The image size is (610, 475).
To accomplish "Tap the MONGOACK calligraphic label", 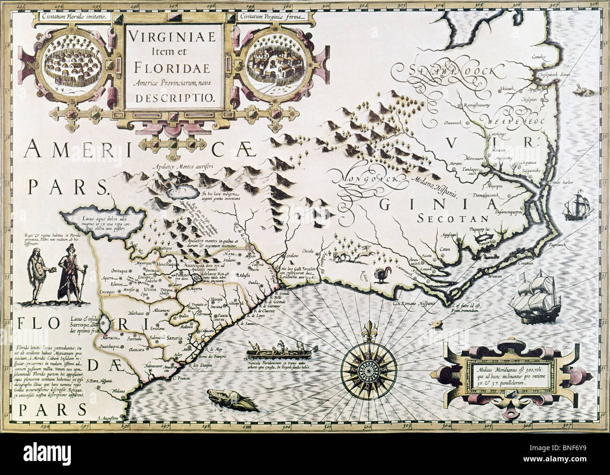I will [366, 178].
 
